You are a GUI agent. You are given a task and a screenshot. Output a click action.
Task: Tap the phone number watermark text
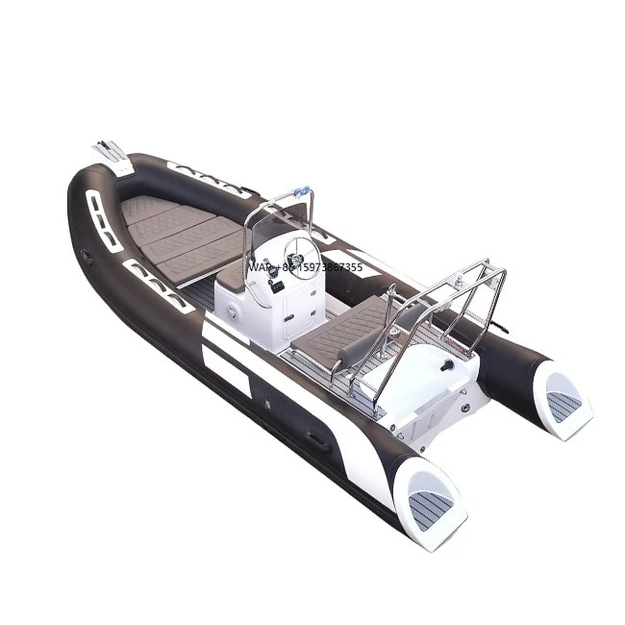click(305, 267)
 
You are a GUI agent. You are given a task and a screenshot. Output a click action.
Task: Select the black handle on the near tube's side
click(316, 439)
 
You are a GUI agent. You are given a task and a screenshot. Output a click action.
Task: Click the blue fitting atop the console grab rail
click(301, 189)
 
